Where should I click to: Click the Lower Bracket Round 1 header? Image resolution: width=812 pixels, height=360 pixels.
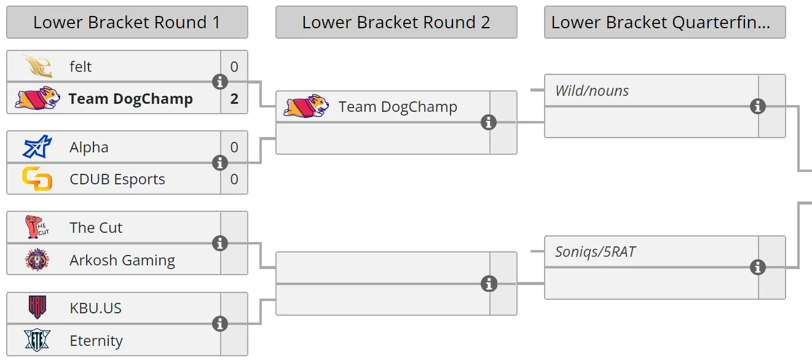click(127, 22)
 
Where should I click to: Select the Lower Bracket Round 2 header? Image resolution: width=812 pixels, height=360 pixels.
click(396, 22)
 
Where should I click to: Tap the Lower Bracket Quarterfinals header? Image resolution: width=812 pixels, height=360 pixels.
click(665, 22)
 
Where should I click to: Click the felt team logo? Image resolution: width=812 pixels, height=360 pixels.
click(37, 66)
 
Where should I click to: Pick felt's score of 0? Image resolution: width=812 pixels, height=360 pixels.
click(234, 66)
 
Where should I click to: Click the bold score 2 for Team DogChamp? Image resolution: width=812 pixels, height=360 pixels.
click(234, 99)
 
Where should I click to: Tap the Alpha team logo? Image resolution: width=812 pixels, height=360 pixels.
click(37, 147)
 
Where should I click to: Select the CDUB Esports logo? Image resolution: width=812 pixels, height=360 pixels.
click(37, 179)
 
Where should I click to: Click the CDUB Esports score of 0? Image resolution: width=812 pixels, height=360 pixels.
click(234, 179)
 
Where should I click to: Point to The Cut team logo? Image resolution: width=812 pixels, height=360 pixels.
click(37, 227)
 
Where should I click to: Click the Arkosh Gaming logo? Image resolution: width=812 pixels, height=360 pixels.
click(37, 260)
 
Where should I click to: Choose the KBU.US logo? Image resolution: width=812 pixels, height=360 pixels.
click(37, 308)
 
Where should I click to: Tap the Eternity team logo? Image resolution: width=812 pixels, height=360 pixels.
click(37, 340)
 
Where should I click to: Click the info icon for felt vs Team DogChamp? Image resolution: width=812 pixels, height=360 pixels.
click(220, 82)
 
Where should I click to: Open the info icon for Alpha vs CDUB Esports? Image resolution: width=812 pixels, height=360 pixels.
click(220, 163)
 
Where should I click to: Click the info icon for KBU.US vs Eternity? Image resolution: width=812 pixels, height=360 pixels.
click(220, 324)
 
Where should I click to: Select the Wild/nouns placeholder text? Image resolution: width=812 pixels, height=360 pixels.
click(592, 90)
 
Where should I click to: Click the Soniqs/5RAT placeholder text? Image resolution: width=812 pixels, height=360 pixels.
click(595, 252)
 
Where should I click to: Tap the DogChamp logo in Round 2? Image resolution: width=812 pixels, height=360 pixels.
click(306, 106)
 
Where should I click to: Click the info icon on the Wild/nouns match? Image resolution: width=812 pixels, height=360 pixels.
click(758, 106)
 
